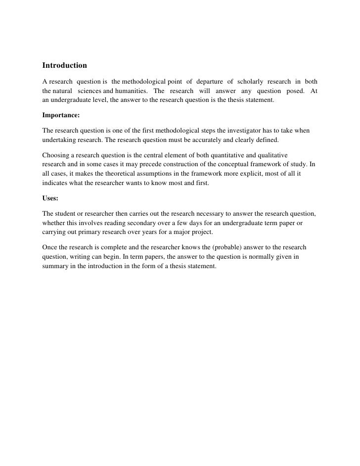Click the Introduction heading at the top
tap(64, 65)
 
